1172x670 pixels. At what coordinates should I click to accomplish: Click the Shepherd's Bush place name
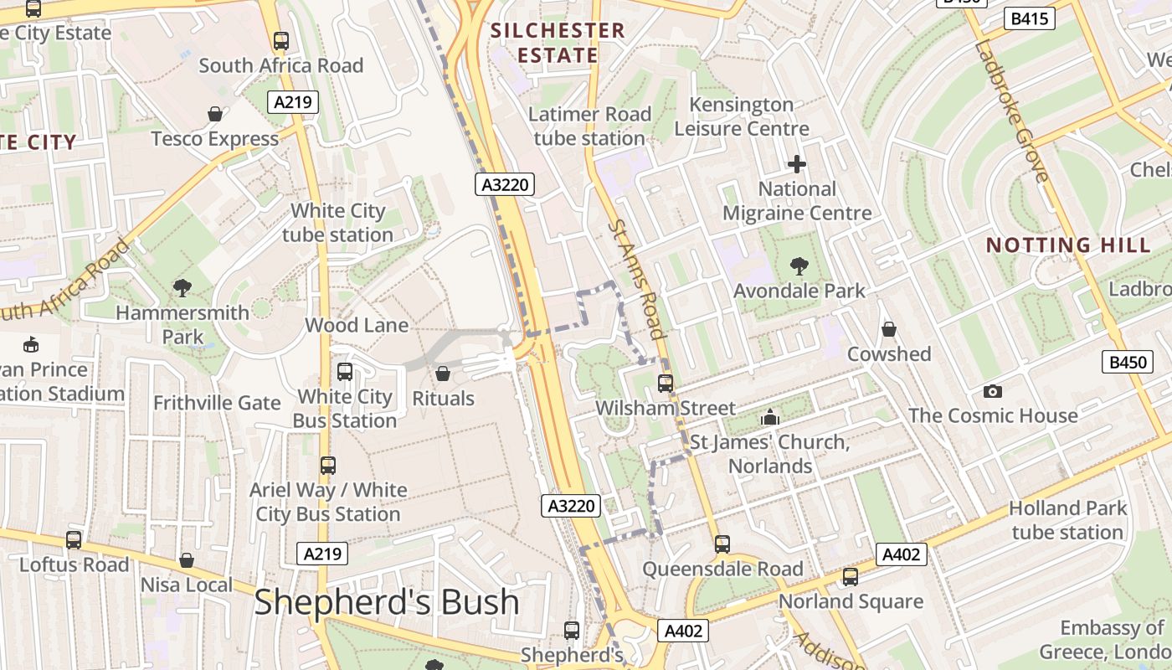(386, 602)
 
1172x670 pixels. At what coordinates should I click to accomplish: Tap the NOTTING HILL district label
(1068, 245)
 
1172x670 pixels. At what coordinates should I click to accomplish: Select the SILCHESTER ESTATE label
(558, 44)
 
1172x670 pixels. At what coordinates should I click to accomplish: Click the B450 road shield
(1127, 362)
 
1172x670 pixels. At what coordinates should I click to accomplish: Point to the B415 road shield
(1029, 18)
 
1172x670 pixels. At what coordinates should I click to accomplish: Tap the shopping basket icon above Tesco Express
(215, 114)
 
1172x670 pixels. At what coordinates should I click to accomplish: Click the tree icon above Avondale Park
(799, 266)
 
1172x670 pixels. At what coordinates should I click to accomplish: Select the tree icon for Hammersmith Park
(182, 288)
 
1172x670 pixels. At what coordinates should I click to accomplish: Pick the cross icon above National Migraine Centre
(797, 164)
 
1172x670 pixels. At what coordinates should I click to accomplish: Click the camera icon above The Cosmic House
(993, 391)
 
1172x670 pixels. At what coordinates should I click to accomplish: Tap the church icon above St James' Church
(770, 417)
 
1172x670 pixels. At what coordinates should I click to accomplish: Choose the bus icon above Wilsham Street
(666, 384)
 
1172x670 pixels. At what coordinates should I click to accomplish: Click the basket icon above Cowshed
(889, 329)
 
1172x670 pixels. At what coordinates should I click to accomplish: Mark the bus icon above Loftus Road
(74, 540)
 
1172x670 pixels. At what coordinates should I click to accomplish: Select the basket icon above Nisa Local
(187, 560)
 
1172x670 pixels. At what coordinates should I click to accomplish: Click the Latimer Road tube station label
(590, 126)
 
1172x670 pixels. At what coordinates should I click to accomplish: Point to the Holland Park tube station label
(1067, 520)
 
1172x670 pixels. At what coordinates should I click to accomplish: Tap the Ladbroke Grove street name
(1011, 109)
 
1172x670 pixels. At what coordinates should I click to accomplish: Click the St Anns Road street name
(637, 279)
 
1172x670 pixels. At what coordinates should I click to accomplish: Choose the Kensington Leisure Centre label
(742, 116)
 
